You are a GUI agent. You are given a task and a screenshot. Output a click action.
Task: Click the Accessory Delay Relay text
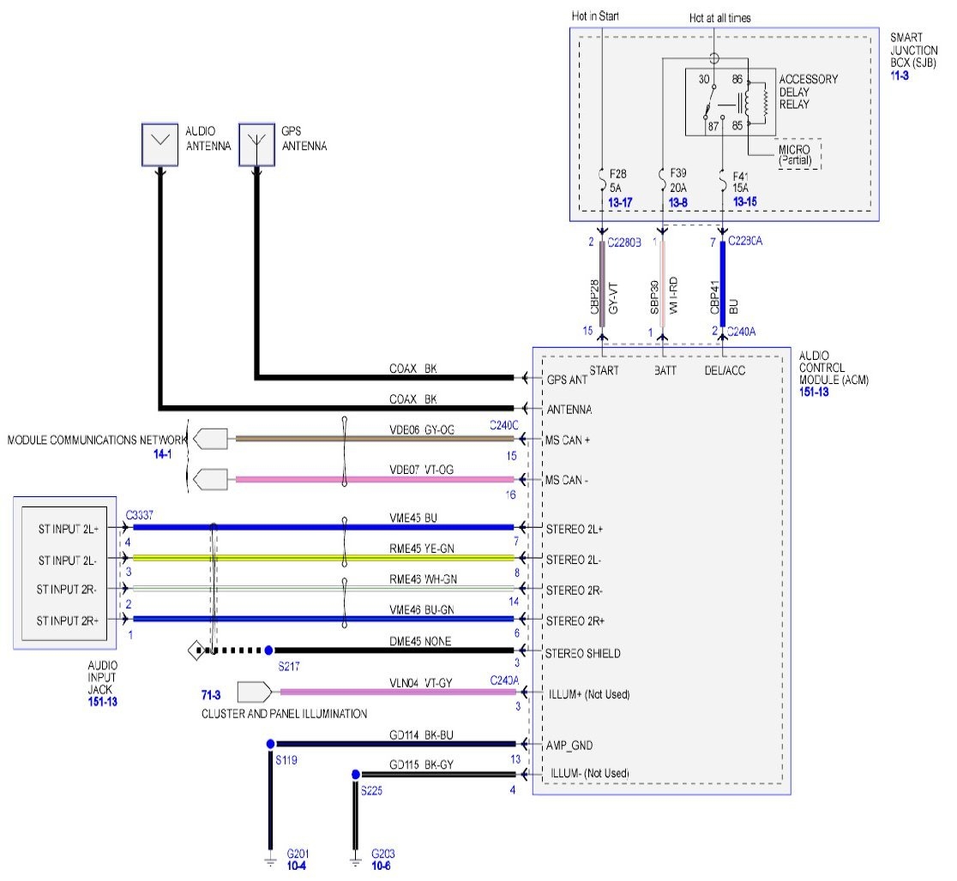pos(808,93)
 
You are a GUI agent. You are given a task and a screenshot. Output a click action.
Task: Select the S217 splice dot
pos(268,650)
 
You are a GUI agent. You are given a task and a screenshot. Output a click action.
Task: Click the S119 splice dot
pos(270,744)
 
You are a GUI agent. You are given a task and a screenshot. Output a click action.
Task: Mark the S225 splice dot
pos(355,774)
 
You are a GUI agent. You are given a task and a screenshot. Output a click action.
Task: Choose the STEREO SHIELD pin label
pos(583,653)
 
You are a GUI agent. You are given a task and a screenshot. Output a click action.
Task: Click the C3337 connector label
pos(139,516)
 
